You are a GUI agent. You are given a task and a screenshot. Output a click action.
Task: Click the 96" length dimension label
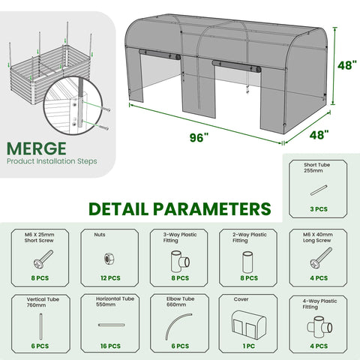pos(199,137)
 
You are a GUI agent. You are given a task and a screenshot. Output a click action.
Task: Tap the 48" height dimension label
pos(347,65)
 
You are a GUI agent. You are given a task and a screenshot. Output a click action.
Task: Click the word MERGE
pos(37,148)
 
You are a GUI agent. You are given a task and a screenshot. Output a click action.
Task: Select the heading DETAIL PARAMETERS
pos(180,209)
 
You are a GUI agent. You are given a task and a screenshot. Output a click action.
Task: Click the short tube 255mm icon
pos(319,190)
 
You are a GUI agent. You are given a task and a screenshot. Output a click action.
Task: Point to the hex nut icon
pos(109,259)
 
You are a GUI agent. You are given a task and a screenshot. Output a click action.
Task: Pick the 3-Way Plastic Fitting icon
pos(180,262)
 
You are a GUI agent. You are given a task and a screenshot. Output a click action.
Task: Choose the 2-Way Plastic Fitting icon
pos(248,262)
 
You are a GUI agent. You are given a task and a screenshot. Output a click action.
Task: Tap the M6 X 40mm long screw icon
pos(321,257)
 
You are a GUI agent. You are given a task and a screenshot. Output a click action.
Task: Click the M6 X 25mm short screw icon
pos(43,259)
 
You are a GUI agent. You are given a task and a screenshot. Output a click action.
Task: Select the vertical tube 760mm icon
pos(40,326)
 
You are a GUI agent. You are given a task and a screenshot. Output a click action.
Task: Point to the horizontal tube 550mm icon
pos(112,325)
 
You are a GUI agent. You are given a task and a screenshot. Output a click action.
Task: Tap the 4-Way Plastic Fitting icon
pos(319,325)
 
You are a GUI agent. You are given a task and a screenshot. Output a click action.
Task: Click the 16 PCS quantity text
pos(110,346)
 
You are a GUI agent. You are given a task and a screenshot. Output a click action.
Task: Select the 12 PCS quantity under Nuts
pos(110,278)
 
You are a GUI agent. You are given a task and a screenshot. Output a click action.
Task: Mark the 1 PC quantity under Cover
pos(249,346)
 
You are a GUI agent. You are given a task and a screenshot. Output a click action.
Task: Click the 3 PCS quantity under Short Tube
pos(319,209)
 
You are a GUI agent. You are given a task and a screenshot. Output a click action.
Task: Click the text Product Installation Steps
pos(52,161)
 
